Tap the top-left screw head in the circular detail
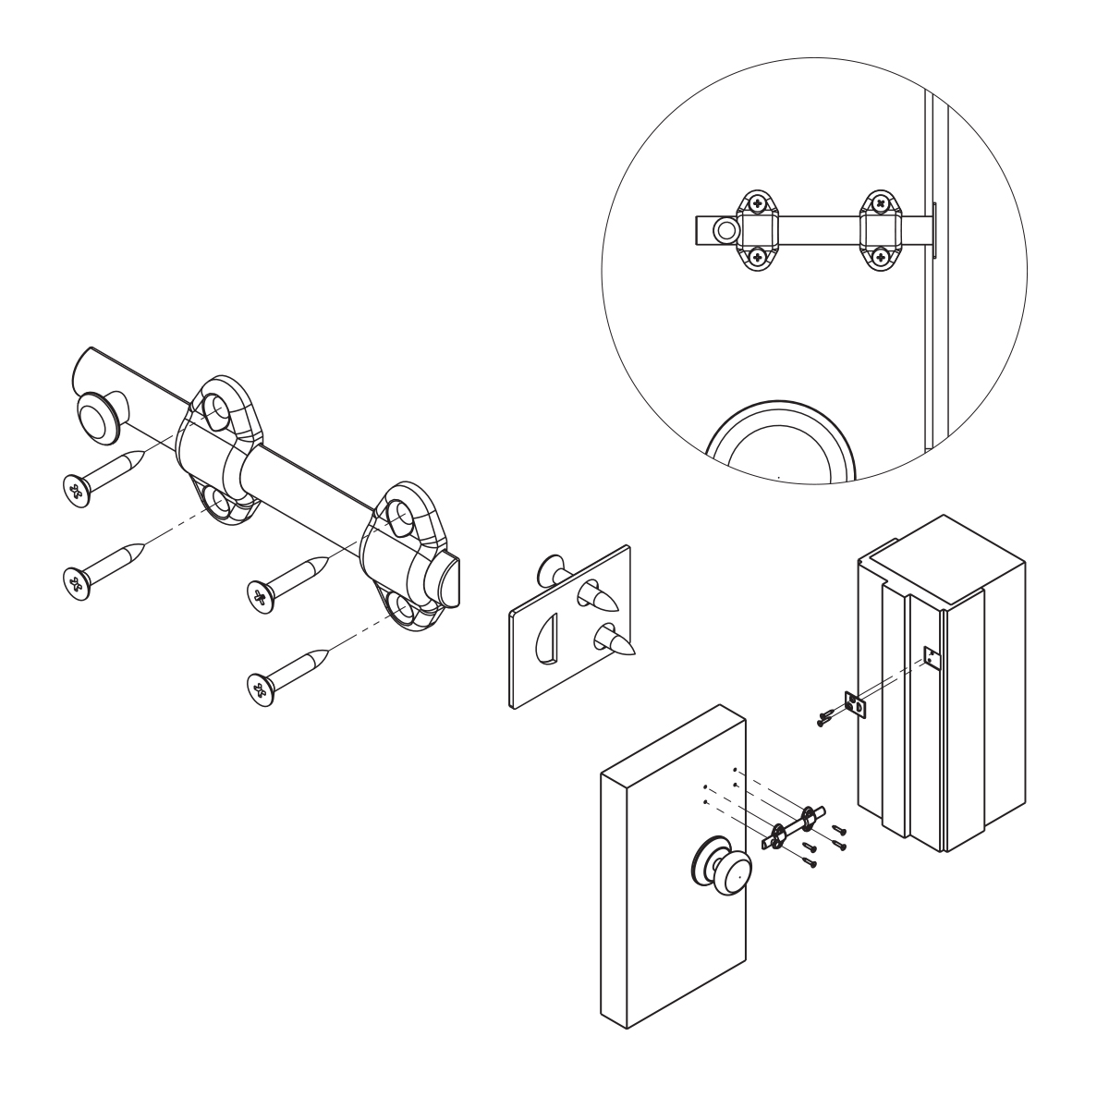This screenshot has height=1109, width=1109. pos(758,203)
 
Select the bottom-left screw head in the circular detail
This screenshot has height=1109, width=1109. pos(758,257)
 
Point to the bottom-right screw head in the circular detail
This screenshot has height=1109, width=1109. pos(882,257)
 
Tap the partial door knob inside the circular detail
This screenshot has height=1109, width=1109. pos(777,439)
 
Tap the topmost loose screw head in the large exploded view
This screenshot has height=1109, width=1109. pos(75,487)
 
